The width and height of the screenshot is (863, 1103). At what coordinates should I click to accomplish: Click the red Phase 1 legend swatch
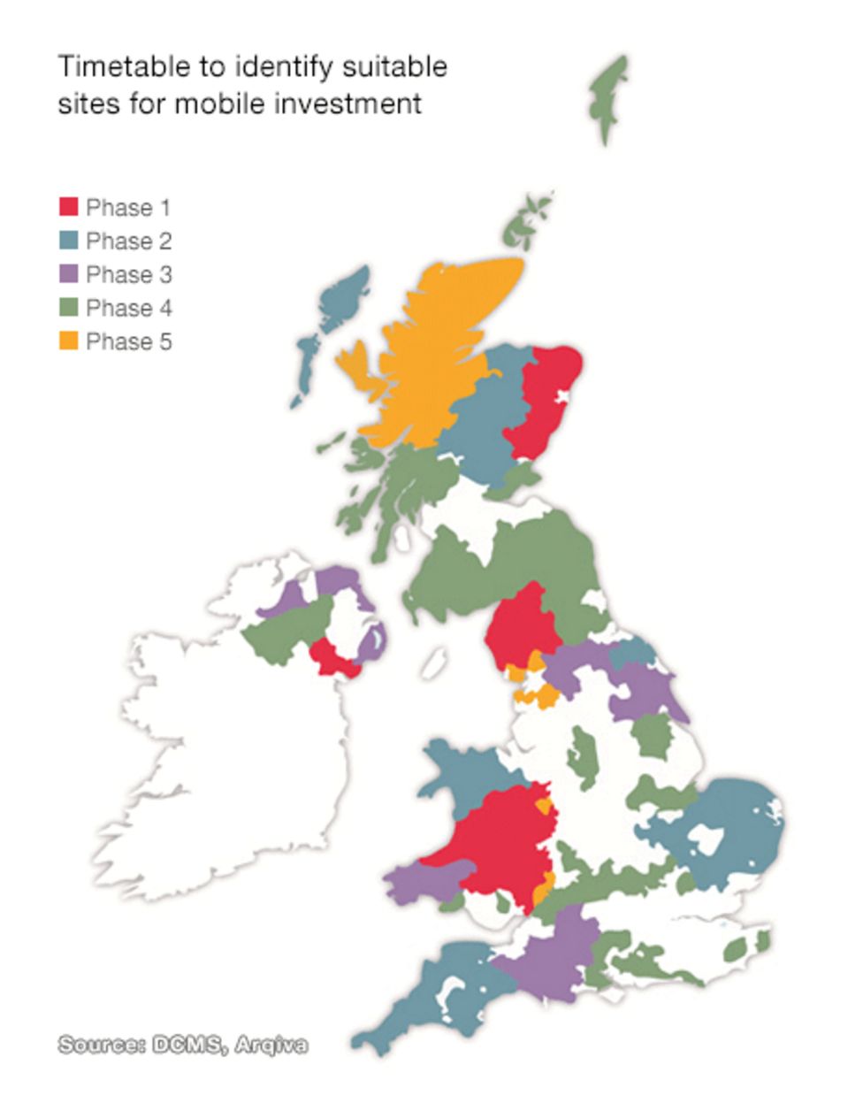point(69,207)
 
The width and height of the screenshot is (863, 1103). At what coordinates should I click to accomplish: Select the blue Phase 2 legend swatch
point(69,241)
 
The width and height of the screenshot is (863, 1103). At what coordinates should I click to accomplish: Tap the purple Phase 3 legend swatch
point(69,274)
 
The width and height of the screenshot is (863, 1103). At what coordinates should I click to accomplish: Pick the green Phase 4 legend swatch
point(69,308)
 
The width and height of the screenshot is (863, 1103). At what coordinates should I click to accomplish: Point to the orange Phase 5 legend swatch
point(69,341)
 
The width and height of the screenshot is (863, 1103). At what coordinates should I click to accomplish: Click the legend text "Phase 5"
point(128,341)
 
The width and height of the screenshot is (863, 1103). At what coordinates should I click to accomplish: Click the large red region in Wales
point(500,840)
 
